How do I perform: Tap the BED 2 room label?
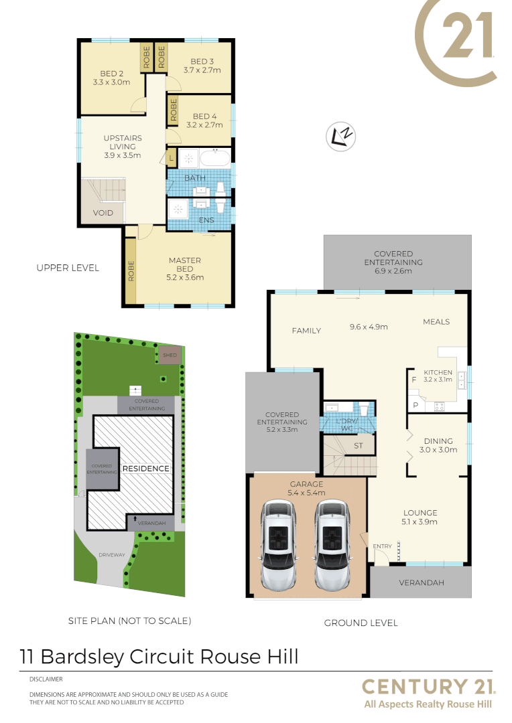(111, 74)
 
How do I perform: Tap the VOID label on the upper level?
(103, 213)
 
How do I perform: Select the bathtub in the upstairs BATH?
(214, 159)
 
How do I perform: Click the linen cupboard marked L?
(172, 159)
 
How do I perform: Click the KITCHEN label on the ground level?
(437, 372)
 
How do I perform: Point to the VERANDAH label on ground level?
(421, 583)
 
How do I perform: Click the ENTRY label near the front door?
(382, 546)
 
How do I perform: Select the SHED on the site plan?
(170, 355)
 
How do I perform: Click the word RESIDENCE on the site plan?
(146, 469)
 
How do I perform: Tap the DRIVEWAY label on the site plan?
(111, 555)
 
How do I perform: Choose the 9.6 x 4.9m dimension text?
(369, 327)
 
